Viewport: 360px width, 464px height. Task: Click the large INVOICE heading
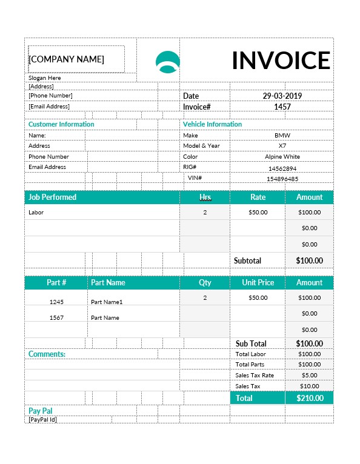[281, 61]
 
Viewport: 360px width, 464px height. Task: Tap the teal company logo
[168, 62]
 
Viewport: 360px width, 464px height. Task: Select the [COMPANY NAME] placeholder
[67, 59]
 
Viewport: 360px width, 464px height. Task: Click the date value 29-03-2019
[282, 96]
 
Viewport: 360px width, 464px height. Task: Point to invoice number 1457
[282, 107]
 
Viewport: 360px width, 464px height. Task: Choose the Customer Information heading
[61, 124]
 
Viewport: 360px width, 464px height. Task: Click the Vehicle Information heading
[212, 124]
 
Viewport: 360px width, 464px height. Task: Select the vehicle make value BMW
[282, 136]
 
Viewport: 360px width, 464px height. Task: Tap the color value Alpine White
[282, 157]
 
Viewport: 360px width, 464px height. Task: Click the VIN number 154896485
[282, 179]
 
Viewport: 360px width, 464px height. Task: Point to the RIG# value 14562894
[282, 168]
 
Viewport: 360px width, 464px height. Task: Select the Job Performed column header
[53, 197]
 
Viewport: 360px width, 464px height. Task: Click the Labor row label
[36, 213]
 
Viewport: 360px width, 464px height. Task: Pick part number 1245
[56, 302]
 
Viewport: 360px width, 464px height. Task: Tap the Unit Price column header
[258, 282]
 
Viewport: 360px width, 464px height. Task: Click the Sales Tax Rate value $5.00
[309, 376]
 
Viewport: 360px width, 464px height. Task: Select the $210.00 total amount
[309, 398]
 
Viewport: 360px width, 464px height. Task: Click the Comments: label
[47, 354]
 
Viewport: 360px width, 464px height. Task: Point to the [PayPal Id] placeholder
[42, 419]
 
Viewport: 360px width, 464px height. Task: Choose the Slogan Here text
[45, 78]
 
